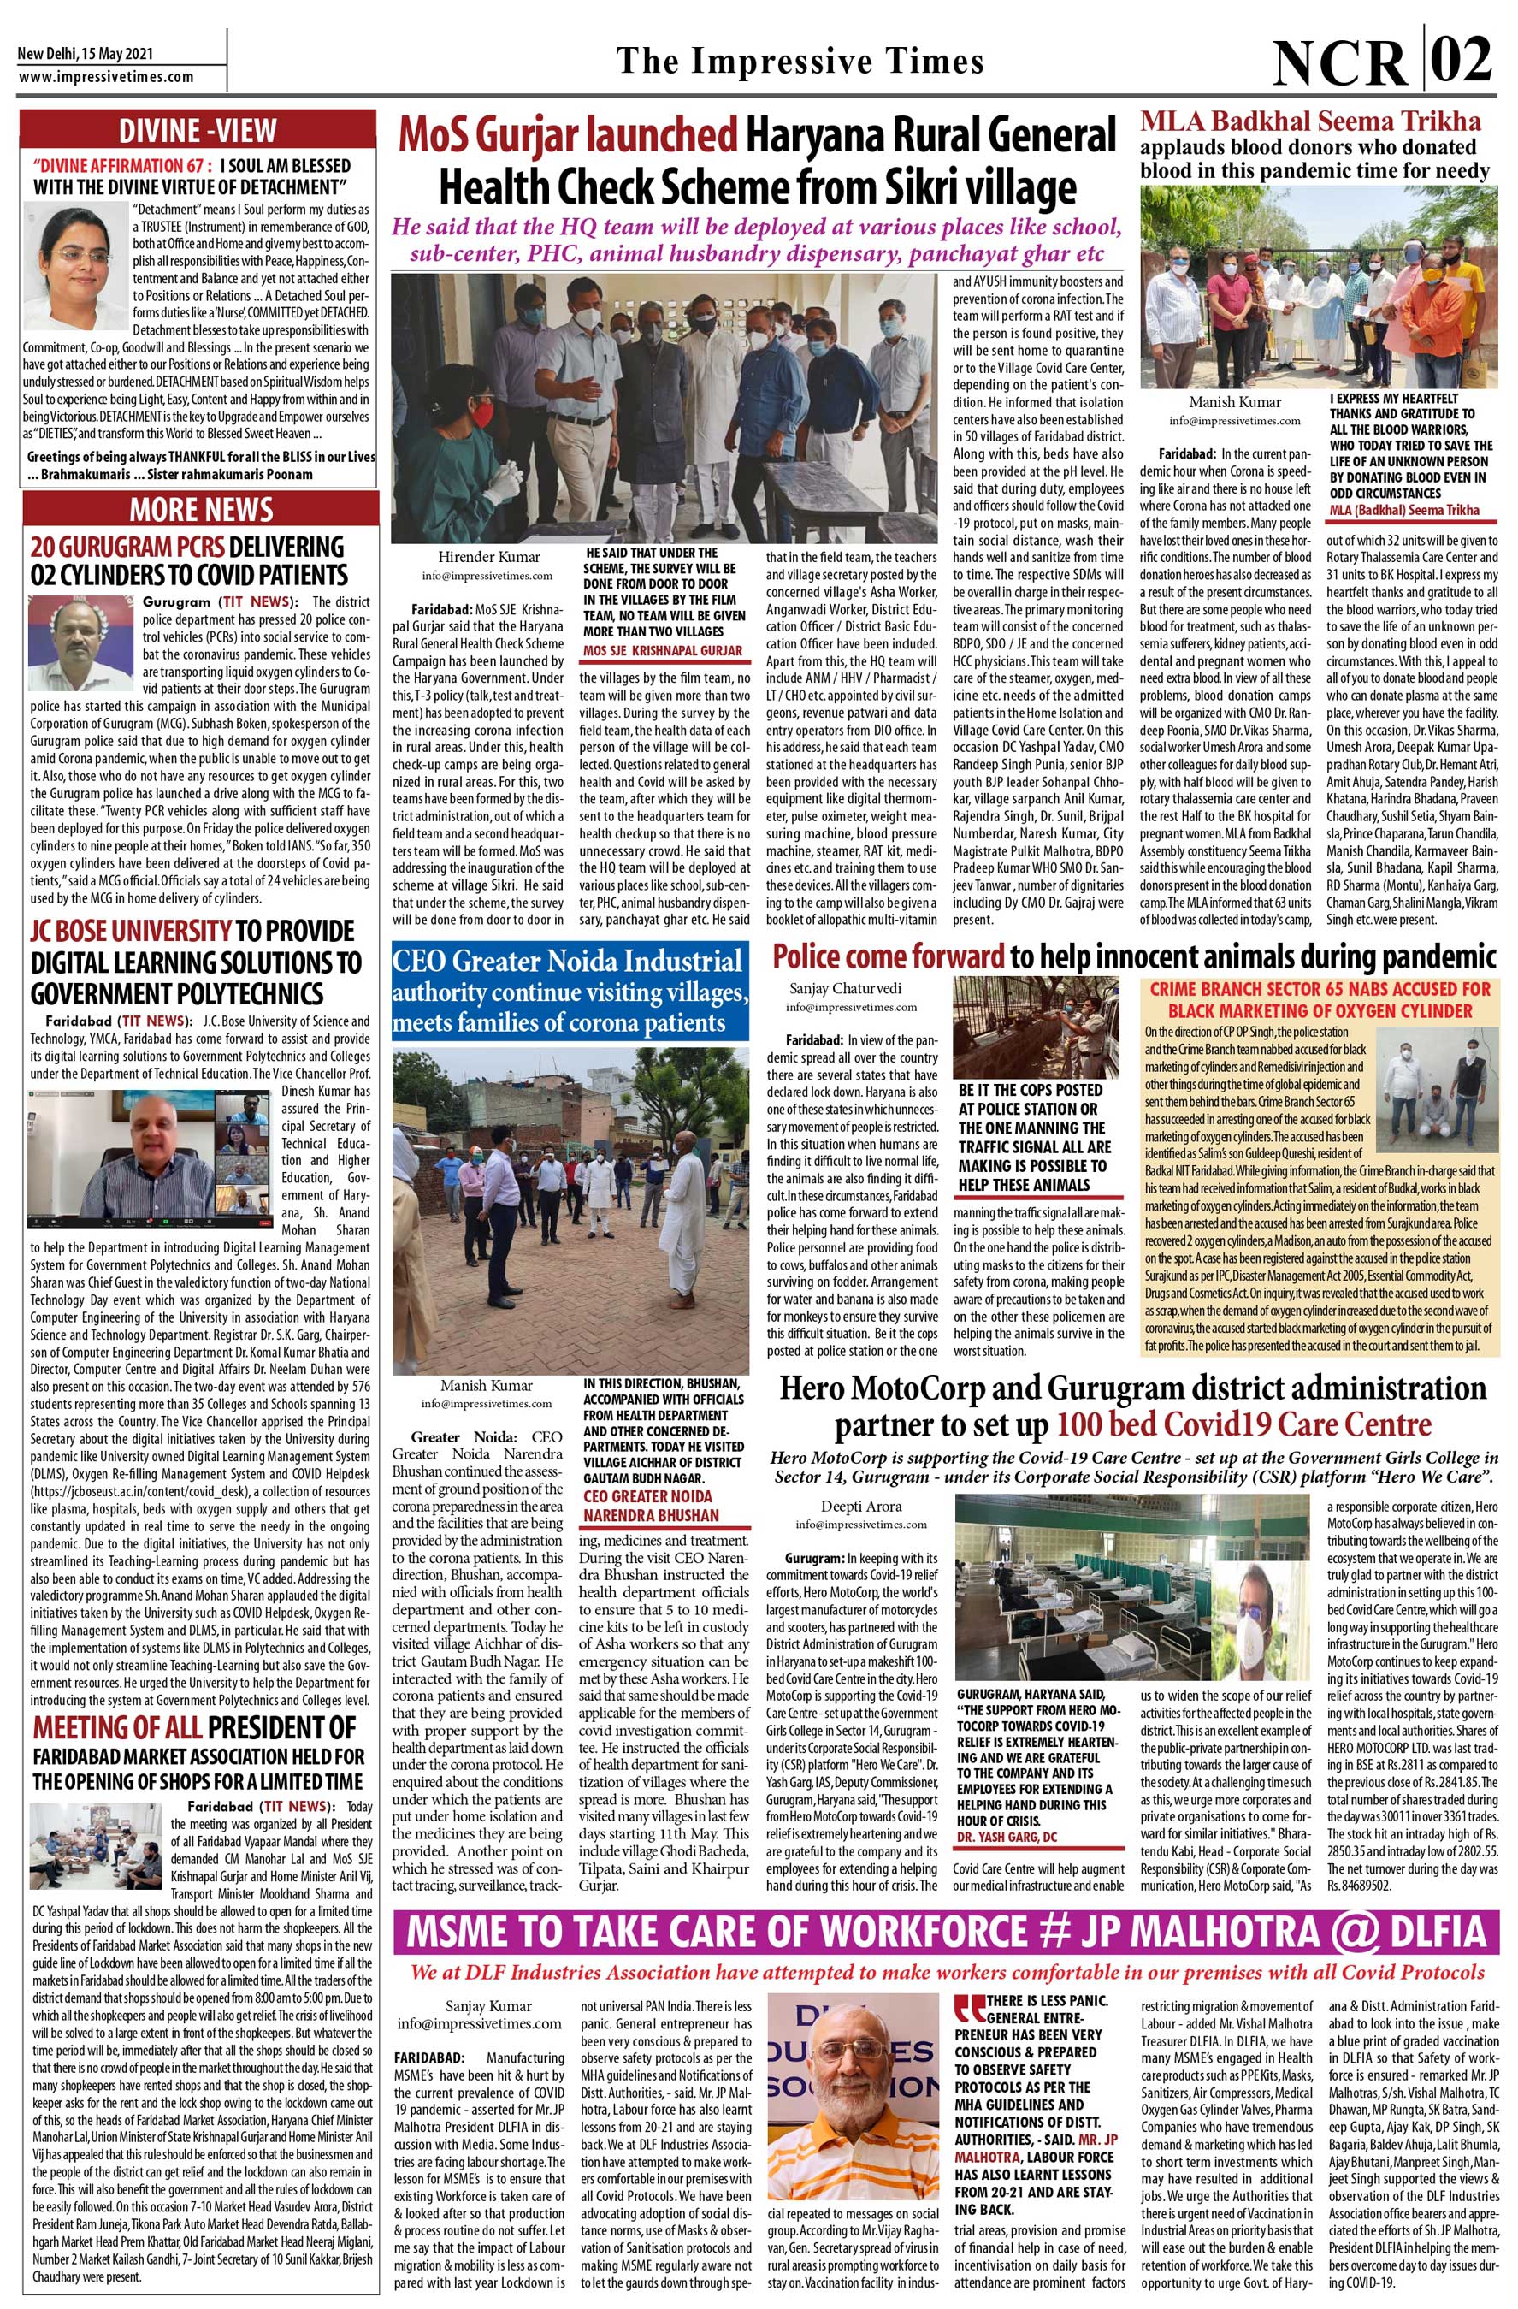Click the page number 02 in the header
[1463, 59]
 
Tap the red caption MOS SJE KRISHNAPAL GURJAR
[662, 649]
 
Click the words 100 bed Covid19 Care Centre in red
[1243, 1424]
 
